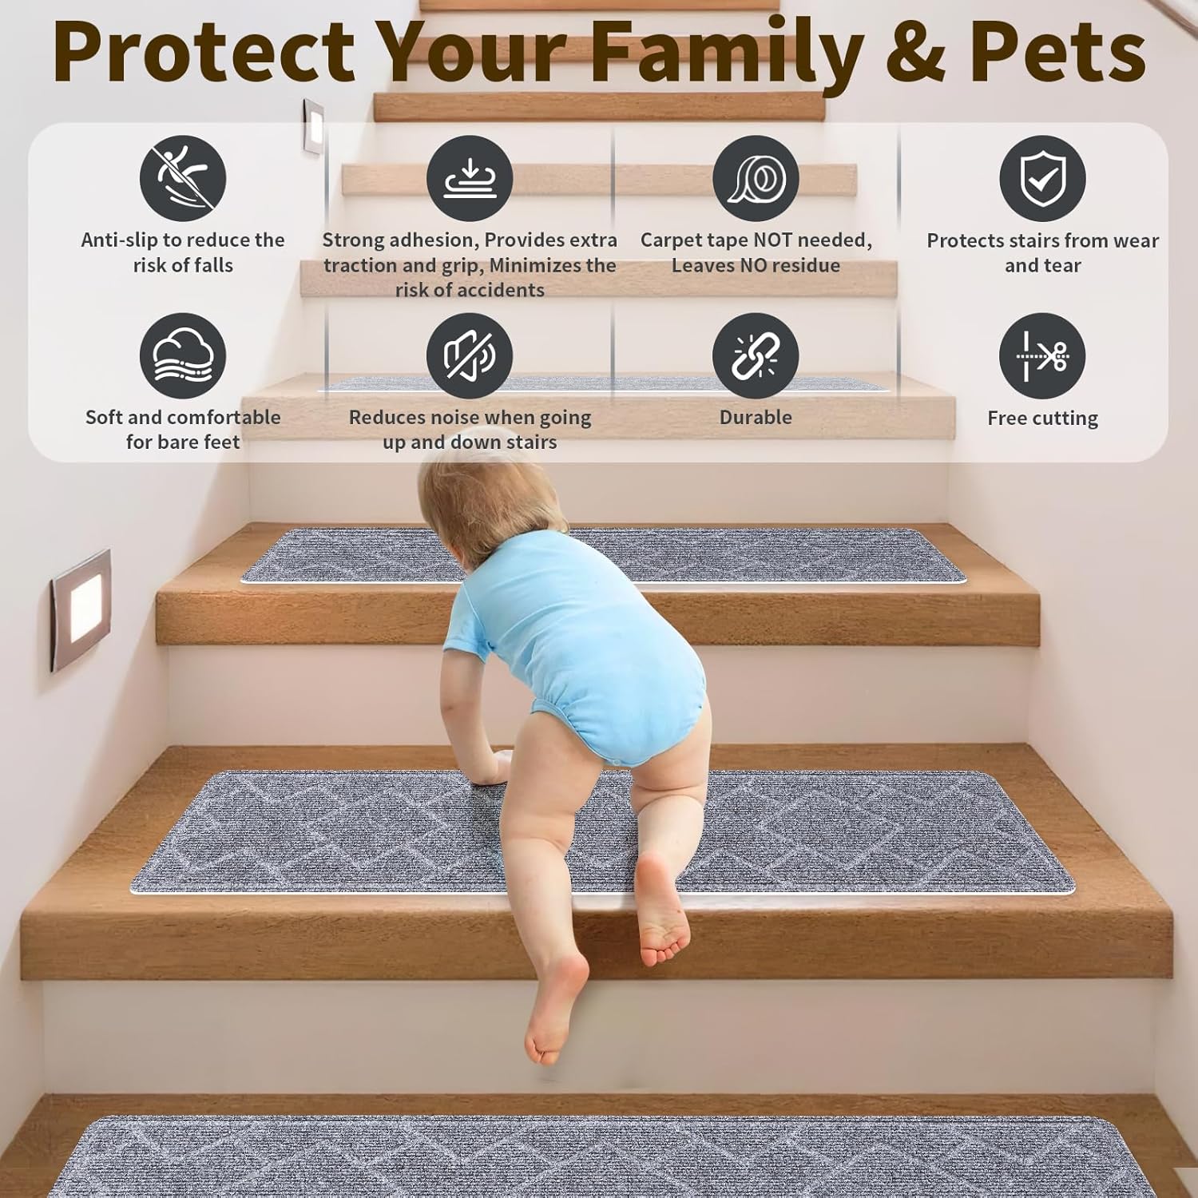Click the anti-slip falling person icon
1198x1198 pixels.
183,178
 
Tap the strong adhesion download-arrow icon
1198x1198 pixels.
470,178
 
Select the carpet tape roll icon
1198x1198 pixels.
756,178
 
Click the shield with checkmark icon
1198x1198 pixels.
1042,178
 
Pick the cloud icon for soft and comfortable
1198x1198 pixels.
183,355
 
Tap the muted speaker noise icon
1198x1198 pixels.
470,355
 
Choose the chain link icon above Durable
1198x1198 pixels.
756,355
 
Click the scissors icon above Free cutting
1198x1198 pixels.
1042,355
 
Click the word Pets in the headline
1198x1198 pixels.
1057,51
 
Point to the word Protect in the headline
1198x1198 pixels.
204,51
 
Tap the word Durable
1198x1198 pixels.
756,417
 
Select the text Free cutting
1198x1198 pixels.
1042,418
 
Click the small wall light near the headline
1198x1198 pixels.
314,125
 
